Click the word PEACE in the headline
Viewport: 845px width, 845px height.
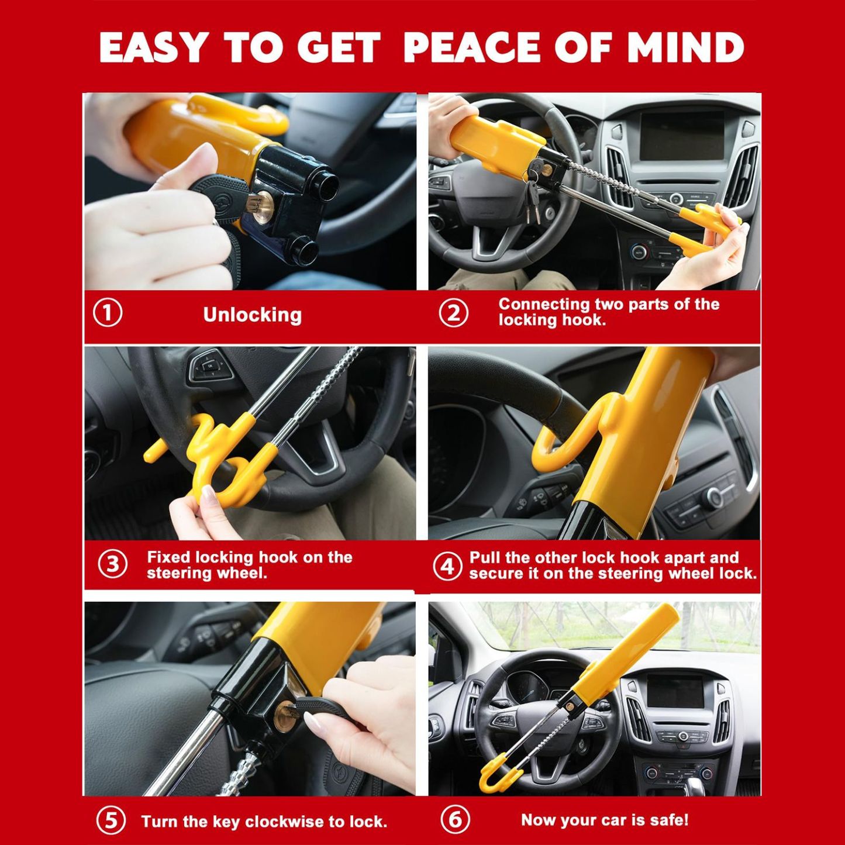point(471,47)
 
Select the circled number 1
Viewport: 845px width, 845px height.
point(108,314)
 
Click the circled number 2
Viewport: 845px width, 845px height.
point(454,313)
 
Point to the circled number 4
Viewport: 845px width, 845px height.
point(447,567)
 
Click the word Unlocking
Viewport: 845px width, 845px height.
point(252,315)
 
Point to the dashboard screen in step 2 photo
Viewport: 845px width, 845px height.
point(682,136)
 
